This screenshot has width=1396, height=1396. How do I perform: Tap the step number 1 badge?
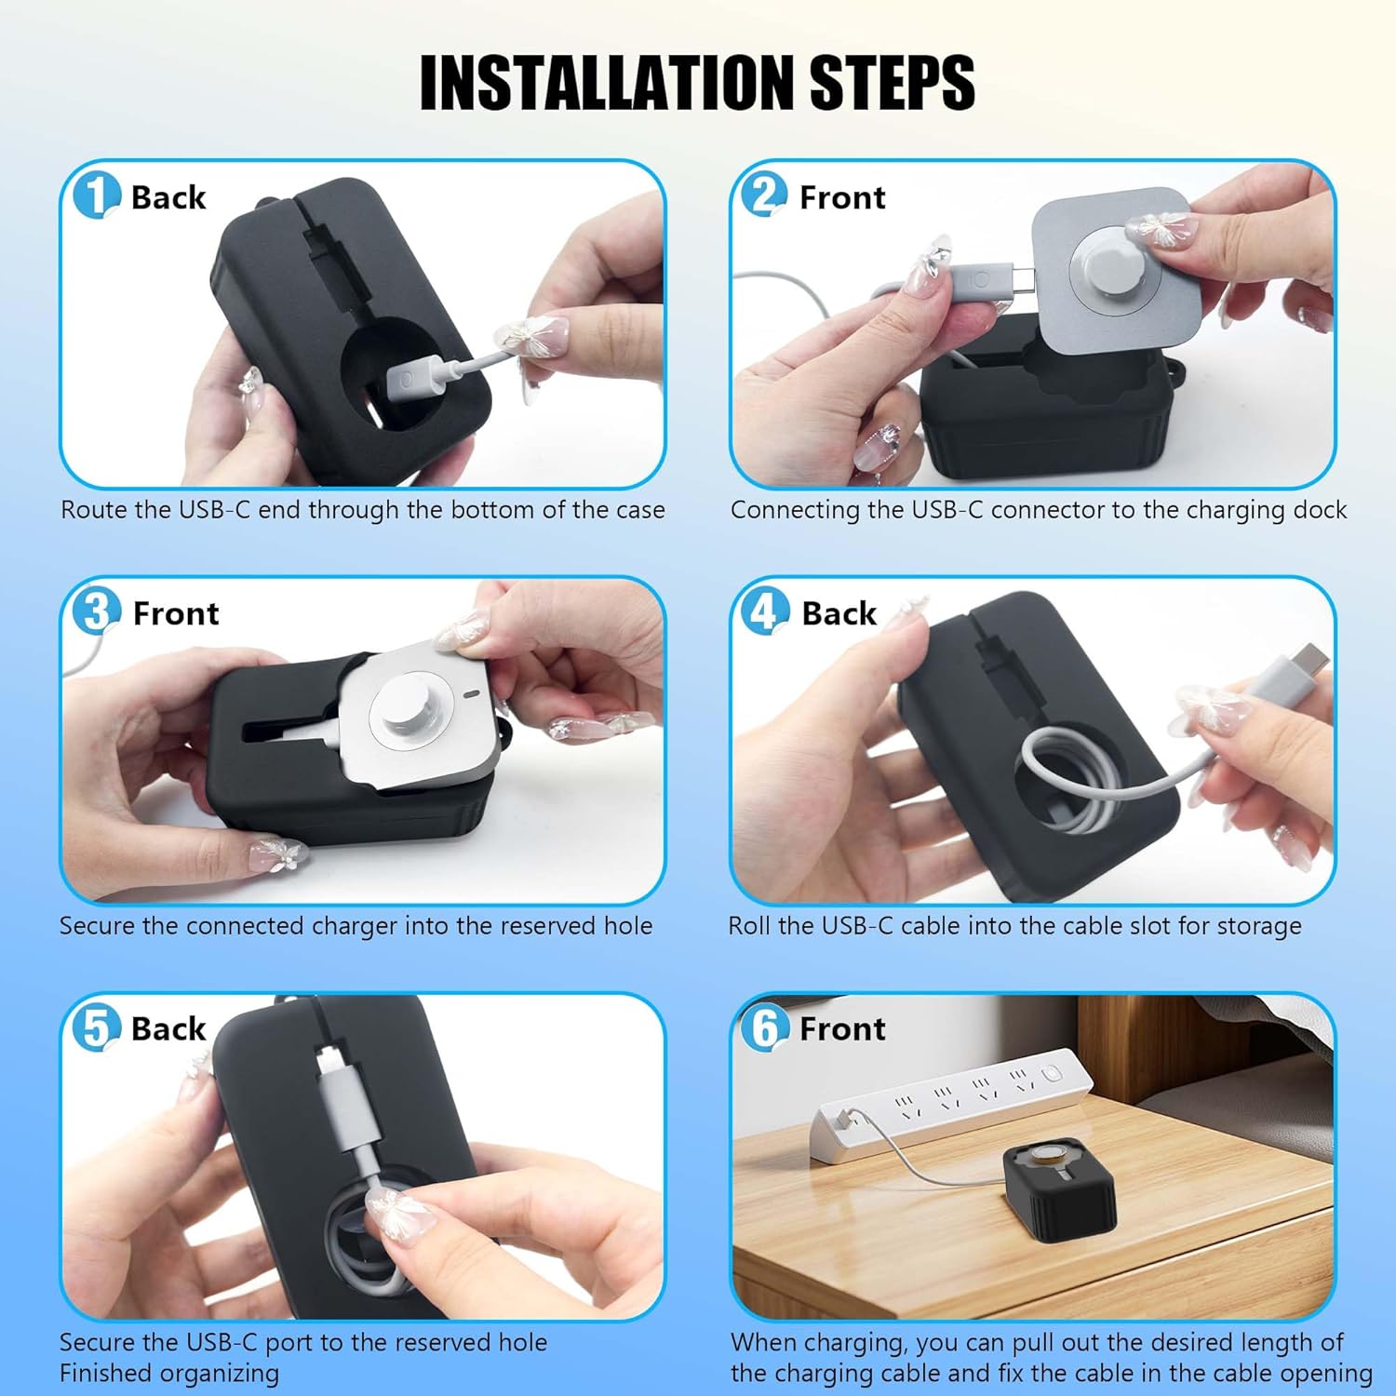pyautogui.click(x=96, y=195)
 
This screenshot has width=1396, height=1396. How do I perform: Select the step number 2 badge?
pyautogui.click(x=764, y=195)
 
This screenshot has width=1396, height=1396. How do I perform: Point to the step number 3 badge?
pyautogui.click(x=96, y=611)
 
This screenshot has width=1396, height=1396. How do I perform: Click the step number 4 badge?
pyautogui.click(x=764, y=611)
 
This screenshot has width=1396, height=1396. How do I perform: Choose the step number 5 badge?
pyautogui.click(x=96, y=1027)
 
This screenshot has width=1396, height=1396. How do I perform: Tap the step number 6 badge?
pyautogui.click(x=764, y=1027)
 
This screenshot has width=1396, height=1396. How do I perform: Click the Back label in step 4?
pyautogui.click(x=839, y=613)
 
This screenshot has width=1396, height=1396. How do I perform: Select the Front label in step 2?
pyautogui.click(x=842, y=197)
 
